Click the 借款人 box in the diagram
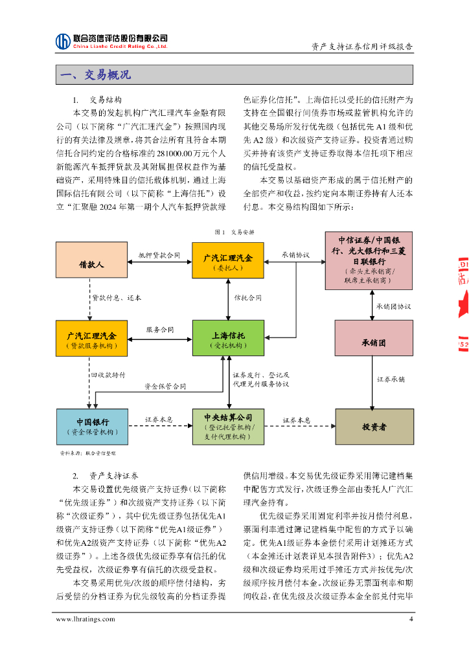(91, 265)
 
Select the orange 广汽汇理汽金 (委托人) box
(228, 262)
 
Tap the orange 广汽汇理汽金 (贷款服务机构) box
(91, 339)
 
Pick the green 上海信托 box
(228, 339)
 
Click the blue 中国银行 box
(91, 427)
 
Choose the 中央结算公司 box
(228, 427)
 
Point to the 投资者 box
(374, 427)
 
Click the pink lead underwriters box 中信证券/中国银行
(376, 262)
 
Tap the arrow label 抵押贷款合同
(159, 256)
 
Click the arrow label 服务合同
(159, 330)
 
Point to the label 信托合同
(247, 298)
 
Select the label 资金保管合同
(165, 387)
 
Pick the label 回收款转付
(108, 375)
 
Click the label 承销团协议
(393, 306)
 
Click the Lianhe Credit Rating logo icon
(63, 41)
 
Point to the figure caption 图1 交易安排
(234, 231)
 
